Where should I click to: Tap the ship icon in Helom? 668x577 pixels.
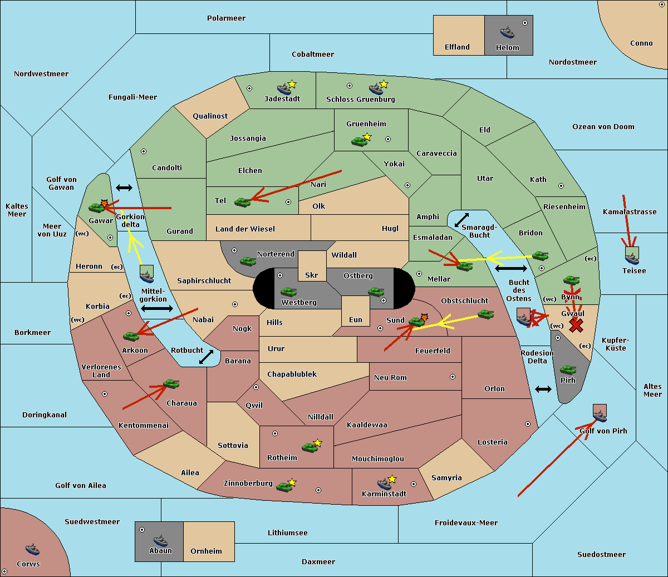point(507,32)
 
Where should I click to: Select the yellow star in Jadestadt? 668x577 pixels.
point(292,84)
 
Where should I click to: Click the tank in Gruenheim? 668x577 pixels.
point(359,141)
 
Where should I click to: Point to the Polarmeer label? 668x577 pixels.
point(226,18)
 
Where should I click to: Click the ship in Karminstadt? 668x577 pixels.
point(384,483)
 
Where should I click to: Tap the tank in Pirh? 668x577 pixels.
point(568,370)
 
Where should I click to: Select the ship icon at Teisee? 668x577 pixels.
point(632,256)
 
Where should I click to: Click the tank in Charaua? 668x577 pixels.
point(171,384)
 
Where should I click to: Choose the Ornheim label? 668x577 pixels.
point(206,551)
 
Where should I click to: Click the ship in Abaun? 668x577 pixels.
point(160,540)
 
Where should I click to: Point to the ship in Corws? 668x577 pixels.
point(32,550)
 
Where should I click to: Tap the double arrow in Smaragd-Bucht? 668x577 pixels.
point(461,220)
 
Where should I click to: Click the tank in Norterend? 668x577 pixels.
point(248,261)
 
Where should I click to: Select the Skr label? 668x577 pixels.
point(311,275)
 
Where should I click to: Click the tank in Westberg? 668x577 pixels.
point(288,292)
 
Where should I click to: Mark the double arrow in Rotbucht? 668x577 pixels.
point(206,357)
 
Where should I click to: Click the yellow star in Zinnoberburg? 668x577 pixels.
point(292,482)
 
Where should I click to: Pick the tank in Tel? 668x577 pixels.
point(242,203)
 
